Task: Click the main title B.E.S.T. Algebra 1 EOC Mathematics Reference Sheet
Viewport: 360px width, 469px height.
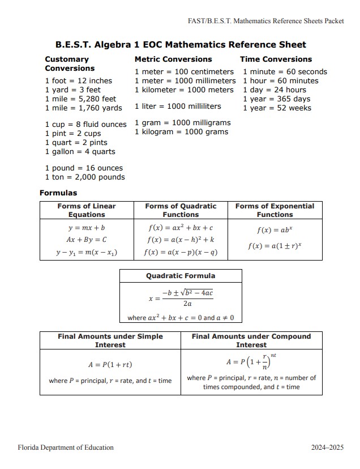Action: tap(181, 45)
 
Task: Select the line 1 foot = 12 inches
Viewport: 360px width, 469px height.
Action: tap(78, 81)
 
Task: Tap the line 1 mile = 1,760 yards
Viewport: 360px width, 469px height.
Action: tap(83, 108)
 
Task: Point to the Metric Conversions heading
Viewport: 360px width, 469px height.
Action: tap(173, 59)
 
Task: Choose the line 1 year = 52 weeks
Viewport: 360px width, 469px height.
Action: tap(277, 108)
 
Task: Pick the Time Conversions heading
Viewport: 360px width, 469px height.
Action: tap(276, 59)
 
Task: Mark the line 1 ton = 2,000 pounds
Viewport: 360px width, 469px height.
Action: tap(84, 177)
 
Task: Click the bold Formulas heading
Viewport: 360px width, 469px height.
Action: tap(58, 193)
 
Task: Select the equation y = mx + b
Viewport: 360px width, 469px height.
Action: tap(86, 228)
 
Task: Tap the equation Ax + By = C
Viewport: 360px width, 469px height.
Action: tap(86, 240)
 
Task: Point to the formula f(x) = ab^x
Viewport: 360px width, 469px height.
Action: tap(275, 231)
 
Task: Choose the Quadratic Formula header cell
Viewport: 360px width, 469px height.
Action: tap(181, 276)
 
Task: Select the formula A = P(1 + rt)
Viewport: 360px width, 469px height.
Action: tap(110, 364)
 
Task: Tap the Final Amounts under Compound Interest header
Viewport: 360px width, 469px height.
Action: tap(251, 340)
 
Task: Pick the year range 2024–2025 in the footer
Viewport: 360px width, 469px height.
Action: tap(327, 447)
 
